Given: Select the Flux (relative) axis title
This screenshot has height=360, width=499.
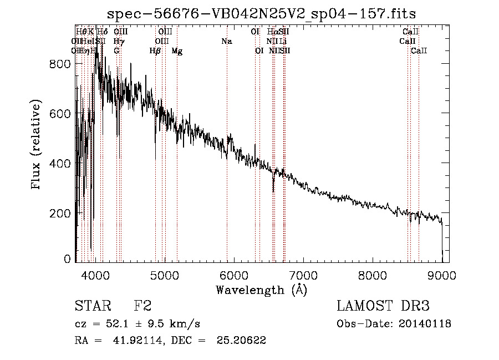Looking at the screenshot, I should pyautogui.click(x=37, y=145).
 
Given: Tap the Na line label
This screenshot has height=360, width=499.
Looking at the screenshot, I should pyautogui.click(x=226, y=42).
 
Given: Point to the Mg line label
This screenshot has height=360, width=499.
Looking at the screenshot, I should pyautogui.click(x=177, y=51).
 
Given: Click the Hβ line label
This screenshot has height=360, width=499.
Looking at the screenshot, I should pyautogui.click(x=155, y=51).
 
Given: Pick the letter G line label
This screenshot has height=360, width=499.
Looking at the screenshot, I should pyautogui.click(x=116, y=51).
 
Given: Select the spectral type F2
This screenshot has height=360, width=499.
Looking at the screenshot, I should pyautogui.click(x=142, y=306).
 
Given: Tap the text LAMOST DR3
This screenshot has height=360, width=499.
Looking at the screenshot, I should pyautogui.click(x=383, y=306).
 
